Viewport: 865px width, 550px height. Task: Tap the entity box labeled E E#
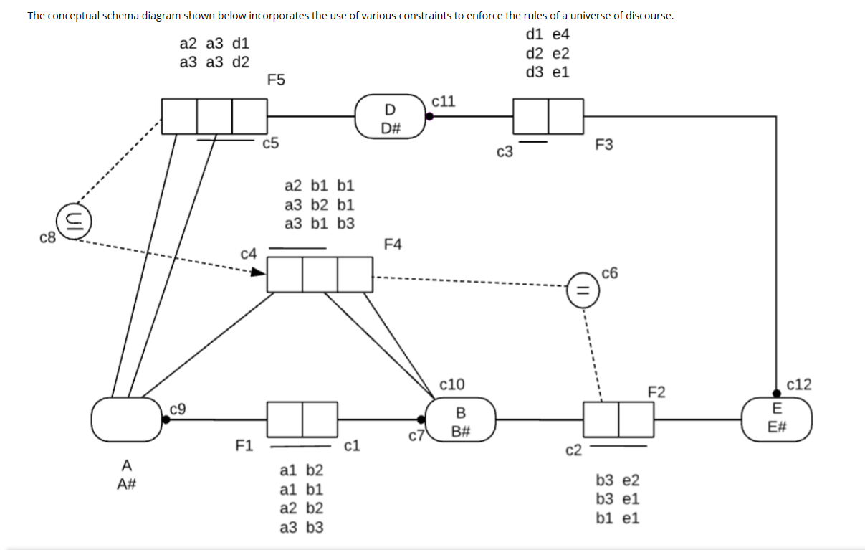[777, 419]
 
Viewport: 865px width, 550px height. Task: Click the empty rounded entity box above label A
[127, 419]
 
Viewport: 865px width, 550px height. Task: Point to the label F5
[276, 80]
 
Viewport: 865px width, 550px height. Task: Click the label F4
[393, 245]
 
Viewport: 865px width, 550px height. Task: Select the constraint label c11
[444, 101]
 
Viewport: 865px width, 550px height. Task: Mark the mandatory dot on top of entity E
[777, 392]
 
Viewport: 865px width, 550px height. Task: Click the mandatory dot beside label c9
[166, 420]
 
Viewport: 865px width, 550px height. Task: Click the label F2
[656, 392]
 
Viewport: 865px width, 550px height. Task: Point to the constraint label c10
[452, 385]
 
